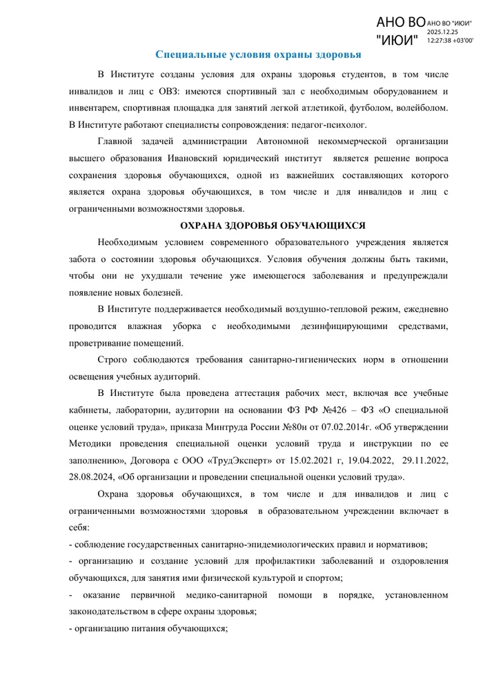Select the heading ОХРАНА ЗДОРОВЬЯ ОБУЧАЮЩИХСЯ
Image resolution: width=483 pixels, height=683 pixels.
273,226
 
